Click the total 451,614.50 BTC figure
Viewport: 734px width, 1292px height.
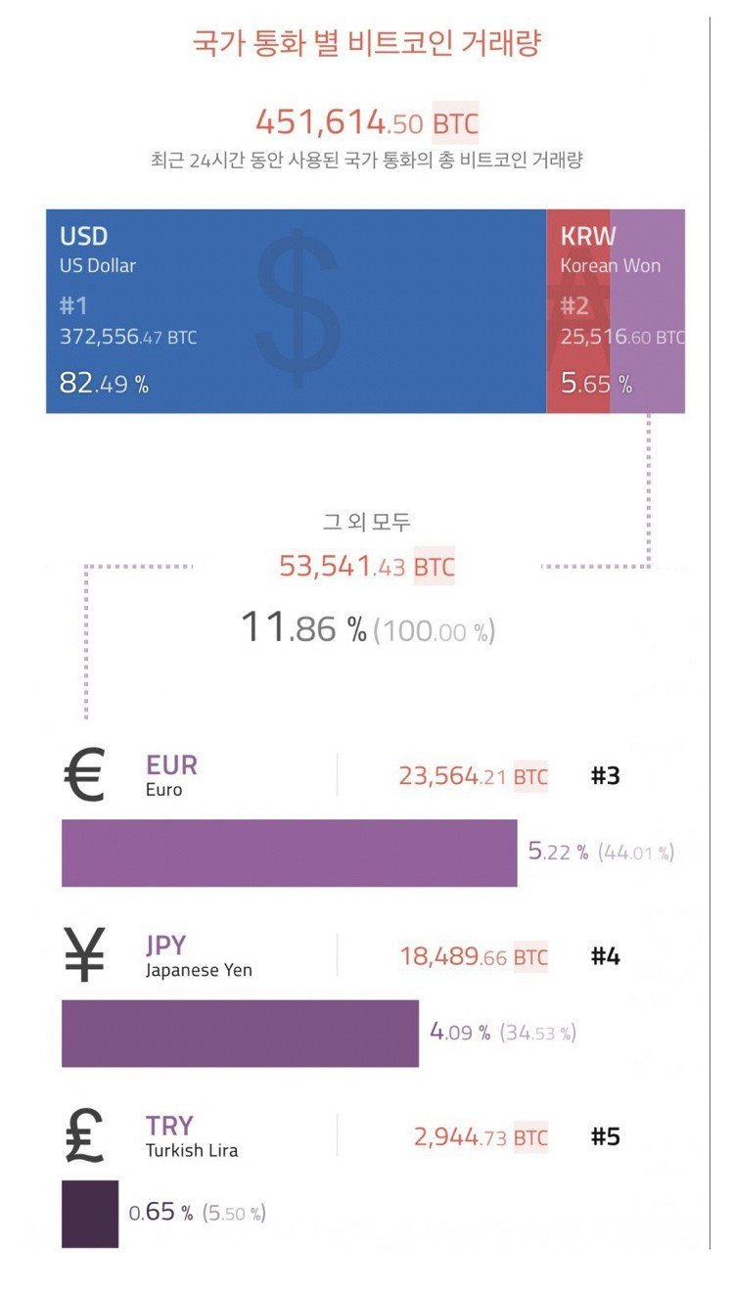pyautogui.click(x=366, y=123)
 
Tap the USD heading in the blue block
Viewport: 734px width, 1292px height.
pyautogui.click(x=84, y=237)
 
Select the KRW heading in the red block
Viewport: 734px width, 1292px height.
pyautogui.click(x=588, y=237)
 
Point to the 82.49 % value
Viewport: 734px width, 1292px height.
pyautogui.click(x=104, y=384)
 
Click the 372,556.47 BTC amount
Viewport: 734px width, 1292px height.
pyautogui.click(x=127, y=338)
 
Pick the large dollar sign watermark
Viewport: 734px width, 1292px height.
pyautogui.click(x=298, y=299)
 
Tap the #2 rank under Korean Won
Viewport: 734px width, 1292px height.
pyautogui.click(x=574, y=306)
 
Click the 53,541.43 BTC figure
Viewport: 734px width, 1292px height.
pyautogui.click(x=366, y=567)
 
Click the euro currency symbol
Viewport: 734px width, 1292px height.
pyautogui.click(x=83, y=777)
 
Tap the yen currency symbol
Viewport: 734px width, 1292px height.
pyautogui.click(x=84, y=956)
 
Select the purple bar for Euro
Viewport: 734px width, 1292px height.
pyautogui.click(x=289, y=854)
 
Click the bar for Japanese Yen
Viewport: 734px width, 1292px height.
pyautogui.click(x=240, y=1034)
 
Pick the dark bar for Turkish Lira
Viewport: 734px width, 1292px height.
pyautogui.click(x=90, y=1214)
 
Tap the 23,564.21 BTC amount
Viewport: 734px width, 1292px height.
pyautogui.click(x=473, y=777)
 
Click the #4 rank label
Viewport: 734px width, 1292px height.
pyautogui.click(x=605, y=956)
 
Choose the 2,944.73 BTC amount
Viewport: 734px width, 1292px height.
pyautogui.click(x=480, y=1137)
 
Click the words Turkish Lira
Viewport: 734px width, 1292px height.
pyautogui.click(x=192, y=1151)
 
